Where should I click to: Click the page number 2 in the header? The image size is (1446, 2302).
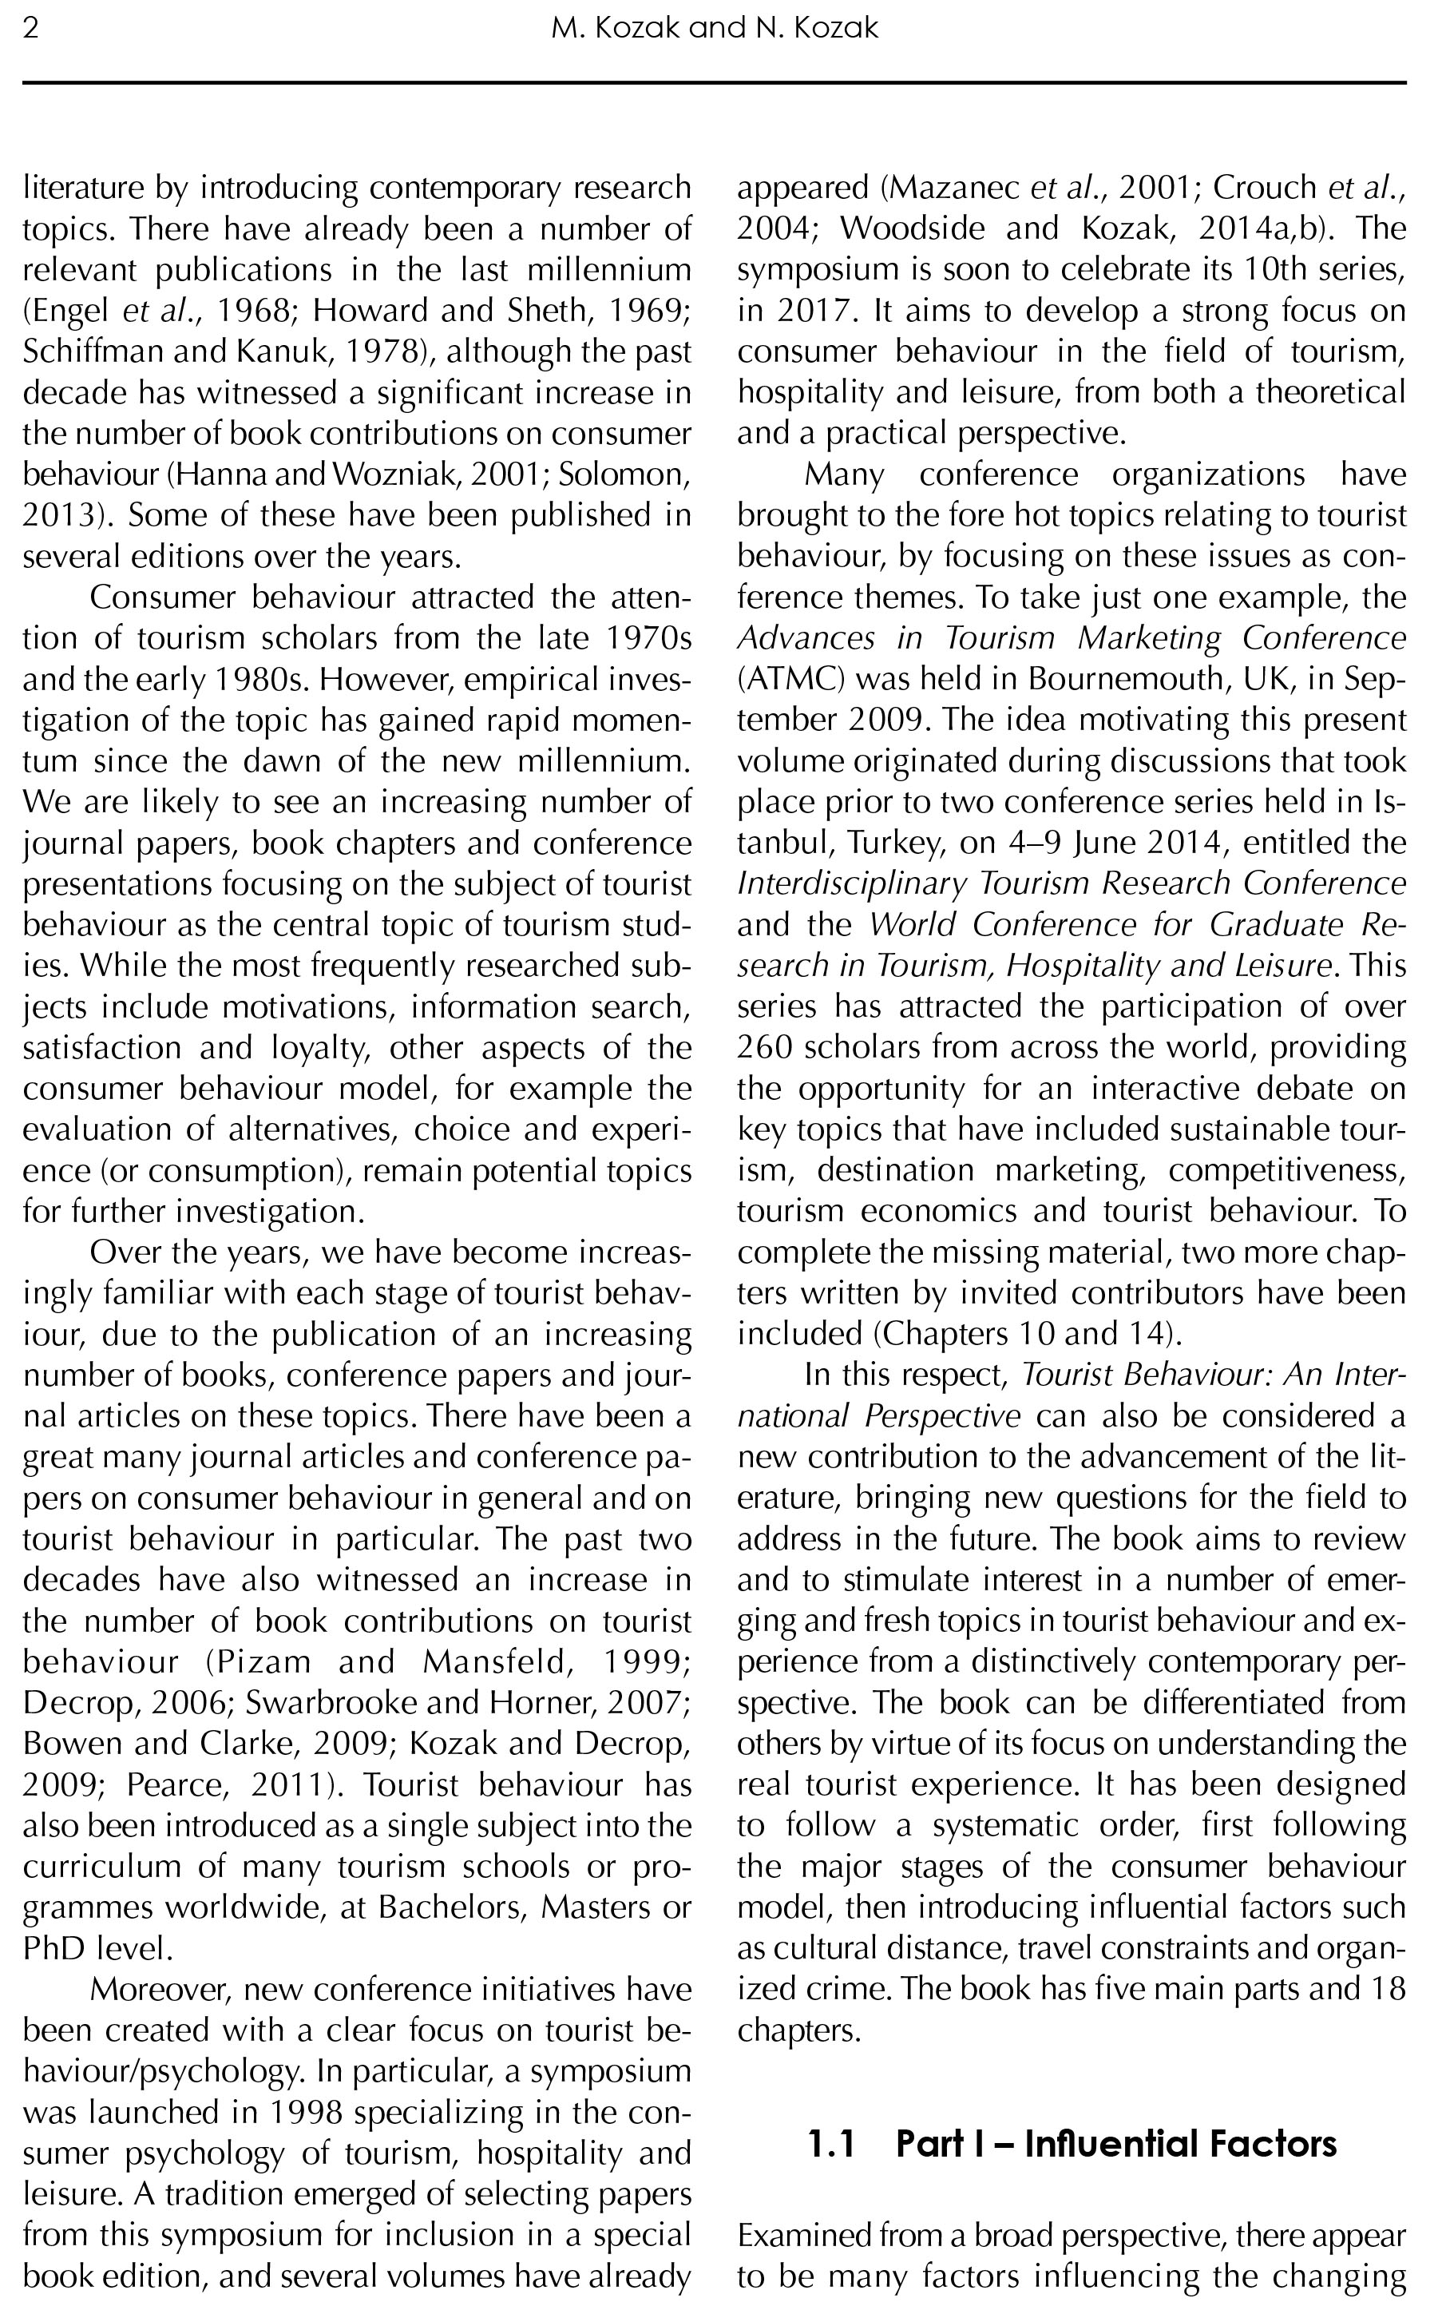(30, 28)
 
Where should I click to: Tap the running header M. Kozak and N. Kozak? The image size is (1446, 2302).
(714, 28)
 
